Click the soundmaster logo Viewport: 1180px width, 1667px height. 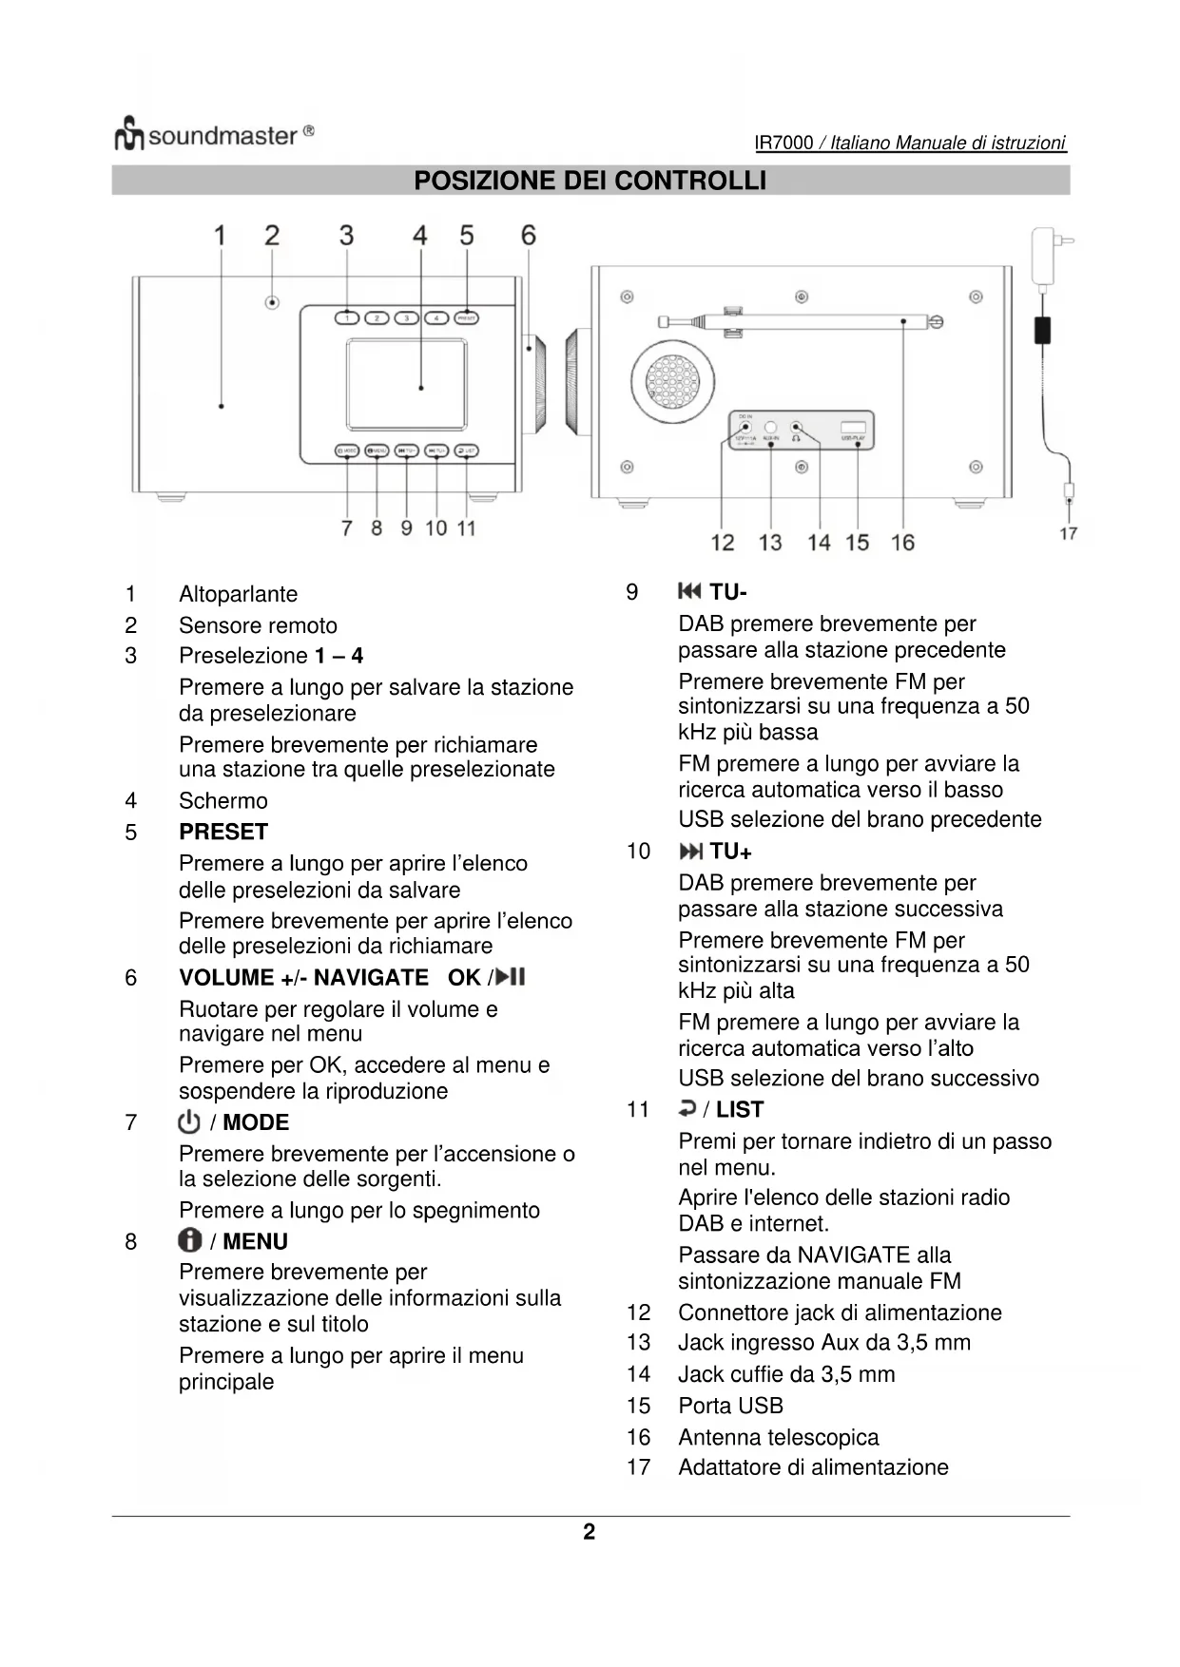click(x=213, y=135)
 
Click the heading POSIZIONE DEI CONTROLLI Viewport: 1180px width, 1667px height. click(x=590, y=181)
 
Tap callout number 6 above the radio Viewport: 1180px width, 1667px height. click(x=529, y=235)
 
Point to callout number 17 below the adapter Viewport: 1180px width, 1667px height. click(x=1068, y=533)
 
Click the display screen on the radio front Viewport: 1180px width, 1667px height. click(x=407, y=384)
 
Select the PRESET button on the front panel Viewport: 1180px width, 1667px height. click(x=466, y=317)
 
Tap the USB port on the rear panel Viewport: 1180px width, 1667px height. click(x=853, y=429)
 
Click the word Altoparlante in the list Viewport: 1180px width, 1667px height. click(x=238, y=594)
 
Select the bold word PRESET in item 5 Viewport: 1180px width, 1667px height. click(x=223, y=832)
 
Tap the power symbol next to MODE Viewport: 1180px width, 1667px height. click(x=189, y=1122)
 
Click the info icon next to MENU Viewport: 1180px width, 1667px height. click(x=189, y=1240)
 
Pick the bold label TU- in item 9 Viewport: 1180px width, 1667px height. click(x=727, y=592)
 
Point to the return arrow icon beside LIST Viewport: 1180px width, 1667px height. click(x=687, y=1108)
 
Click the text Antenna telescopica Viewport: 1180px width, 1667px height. click(x=778, y=1437)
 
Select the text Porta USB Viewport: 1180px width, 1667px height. click(x=730, y=1406)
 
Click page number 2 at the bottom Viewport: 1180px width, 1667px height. click(x=590, y=1531)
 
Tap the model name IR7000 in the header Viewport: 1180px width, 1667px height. click(x=783, y=143)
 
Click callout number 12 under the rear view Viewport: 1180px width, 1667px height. click(x=723, y=542)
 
